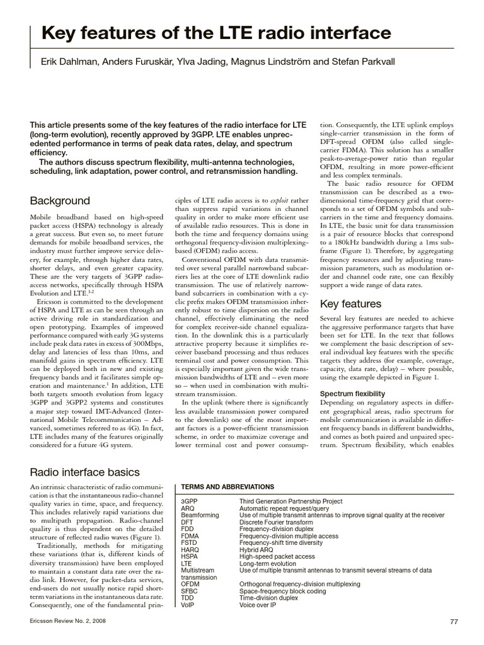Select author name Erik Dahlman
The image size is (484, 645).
pyautogui.click(x=68, y=62)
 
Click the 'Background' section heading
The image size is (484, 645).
pyautogui.click(x=60, y=201)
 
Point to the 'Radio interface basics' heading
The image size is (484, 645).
pyautogui.click(x=85, y=472)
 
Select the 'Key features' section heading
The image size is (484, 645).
pyautogui.click(x=351, y=304)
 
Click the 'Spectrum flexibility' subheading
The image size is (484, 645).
pyautogui.click(x=352, y=394)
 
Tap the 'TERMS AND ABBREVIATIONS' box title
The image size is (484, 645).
pyautogui.click(x=227, y=487)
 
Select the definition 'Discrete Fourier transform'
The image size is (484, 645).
pyautogui.click(x=276, y=522)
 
